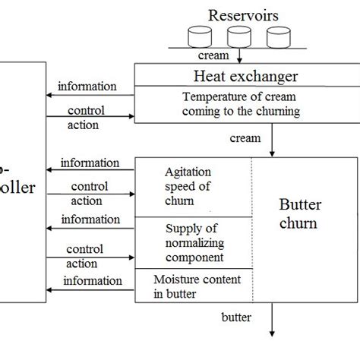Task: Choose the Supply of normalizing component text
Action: (x=196, y=242)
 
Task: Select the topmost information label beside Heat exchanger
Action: (x=87, y=86)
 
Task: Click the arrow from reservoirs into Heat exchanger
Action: (x=239, y=56)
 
